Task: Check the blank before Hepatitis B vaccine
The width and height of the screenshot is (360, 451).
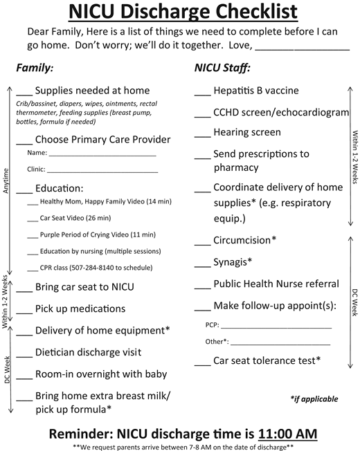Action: pos(202,94)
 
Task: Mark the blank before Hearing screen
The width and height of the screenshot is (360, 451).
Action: pos(202,136)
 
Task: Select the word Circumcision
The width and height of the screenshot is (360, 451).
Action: pos(242,240)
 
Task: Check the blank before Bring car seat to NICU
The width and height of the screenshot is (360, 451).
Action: pos(24,290)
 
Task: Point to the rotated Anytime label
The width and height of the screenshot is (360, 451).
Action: pos(6,182)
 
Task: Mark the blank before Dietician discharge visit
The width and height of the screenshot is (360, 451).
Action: pos(24,356)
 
